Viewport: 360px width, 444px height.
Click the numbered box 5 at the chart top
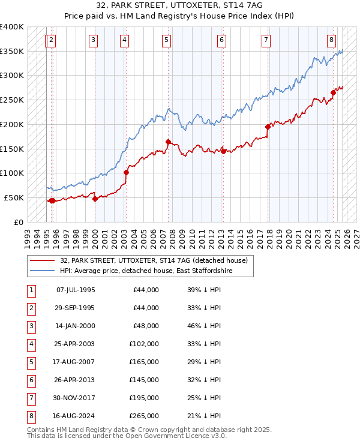pos(166,40)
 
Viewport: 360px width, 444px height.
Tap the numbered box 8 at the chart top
pos(331,40)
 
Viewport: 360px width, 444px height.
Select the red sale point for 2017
pos(268,127)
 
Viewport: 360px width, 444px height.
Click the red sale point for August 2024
pos(333,92)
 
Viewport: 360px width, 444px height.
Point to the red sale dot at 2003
pos(126,172)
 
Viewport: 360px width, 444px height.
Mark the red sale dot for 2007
pos(168,142)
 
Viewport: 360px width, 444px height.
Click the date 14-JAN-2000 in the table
pos(75,326)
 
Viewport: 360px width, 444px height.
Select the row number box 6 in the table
pos(30,380)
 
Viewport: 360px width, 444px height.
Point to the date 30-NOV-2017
pos(75,398)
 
